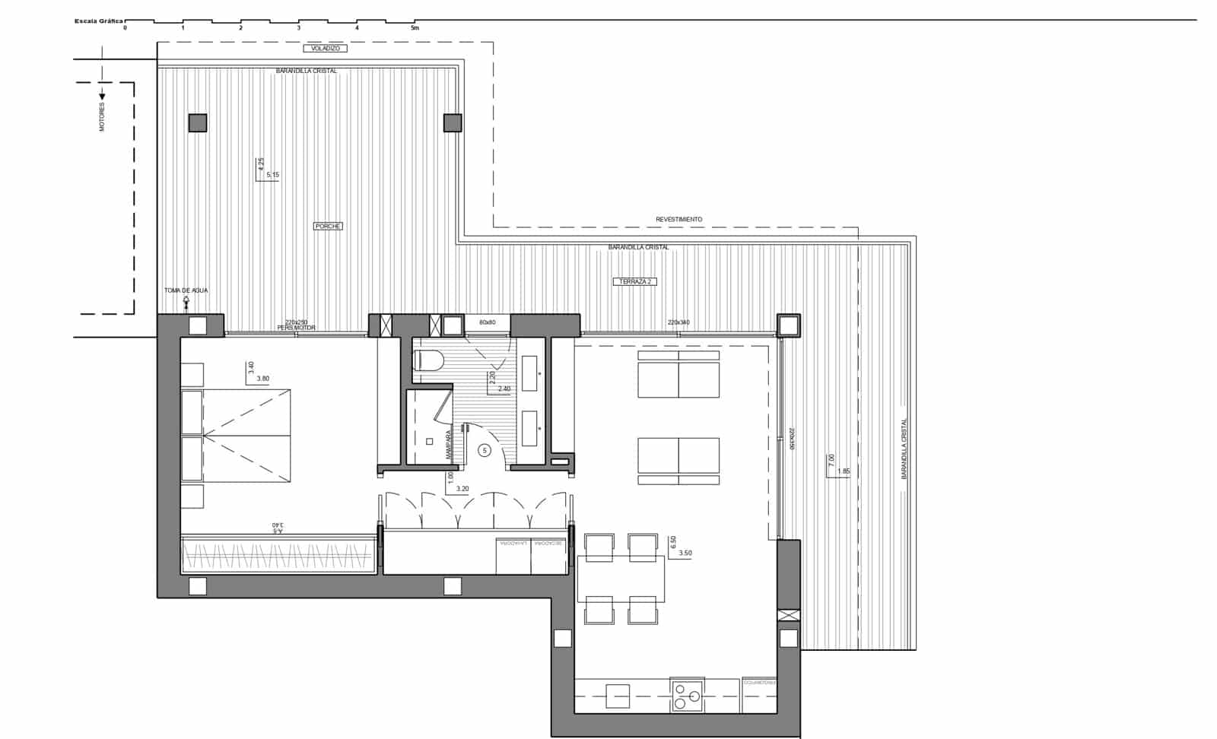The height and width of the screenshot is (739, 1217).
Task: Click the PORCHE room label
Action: pyautogui.click(x=328, y=226)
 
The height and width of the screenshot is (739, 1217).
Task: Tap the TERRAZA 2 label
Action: pyautogui.click(x=635, y=281)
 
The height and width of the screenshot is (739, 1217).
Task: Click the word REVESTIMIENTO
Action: pyautogui.click(x=679, y=219)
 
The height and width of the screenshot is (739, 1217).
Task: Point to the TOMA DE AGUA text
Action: pyautogui.click(x=186, y=290)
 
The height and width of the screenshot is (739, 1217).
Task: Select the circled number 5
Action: pyautogui.click(x=485, y=450)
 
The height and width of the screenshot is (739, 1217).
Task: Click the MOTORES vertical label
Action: pyautogui.click(x=103, y=117)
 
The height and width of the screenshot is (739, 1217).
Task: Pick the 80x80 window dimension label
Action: pyautogui.click(x=488, y=322)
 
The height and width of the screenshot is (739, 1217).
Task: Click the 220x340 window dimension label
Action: pyautogui.click(x=678, y=322)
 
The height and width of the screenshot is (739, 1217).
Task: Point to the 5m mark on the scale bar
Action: pyautogui.click(x=415, y=27)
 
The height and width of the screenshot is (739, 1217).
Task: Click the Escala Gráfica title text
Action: pyautogui.click(x=98, y=21)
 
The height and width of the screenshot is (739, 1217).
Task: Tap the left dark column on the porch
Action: pyautogui.click(x=198, y=123)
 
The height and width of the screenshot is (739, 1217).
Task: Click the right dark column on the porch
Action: pyautogui.click(x=452, y=123)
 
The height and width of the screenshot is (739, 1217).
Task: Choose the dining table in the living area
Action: pyautogui.click(x=621, y=578)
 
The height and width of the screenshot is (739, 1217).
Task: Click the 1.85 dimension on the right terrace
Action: pyautogui.click(x=843, y=471)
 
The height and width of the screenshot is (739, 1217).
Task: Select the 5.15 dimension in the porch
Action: pyautogui.click(x=272, y=175)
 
